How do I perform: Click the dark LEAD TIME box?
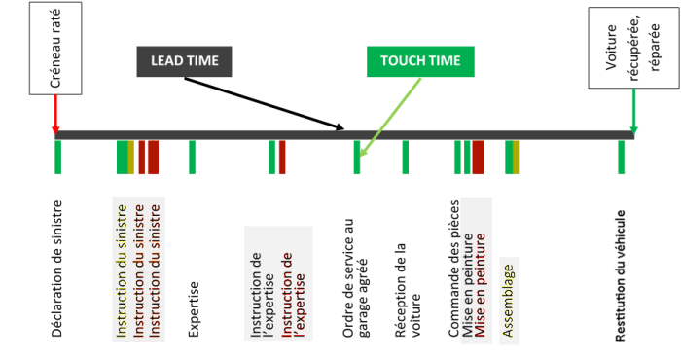183,61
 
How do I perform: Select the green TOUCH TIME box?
420,61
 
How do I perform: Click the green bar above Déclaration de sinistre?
58,157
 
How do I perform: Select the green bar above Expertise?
192,157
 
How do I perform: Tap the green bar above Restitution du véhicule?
621,157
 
